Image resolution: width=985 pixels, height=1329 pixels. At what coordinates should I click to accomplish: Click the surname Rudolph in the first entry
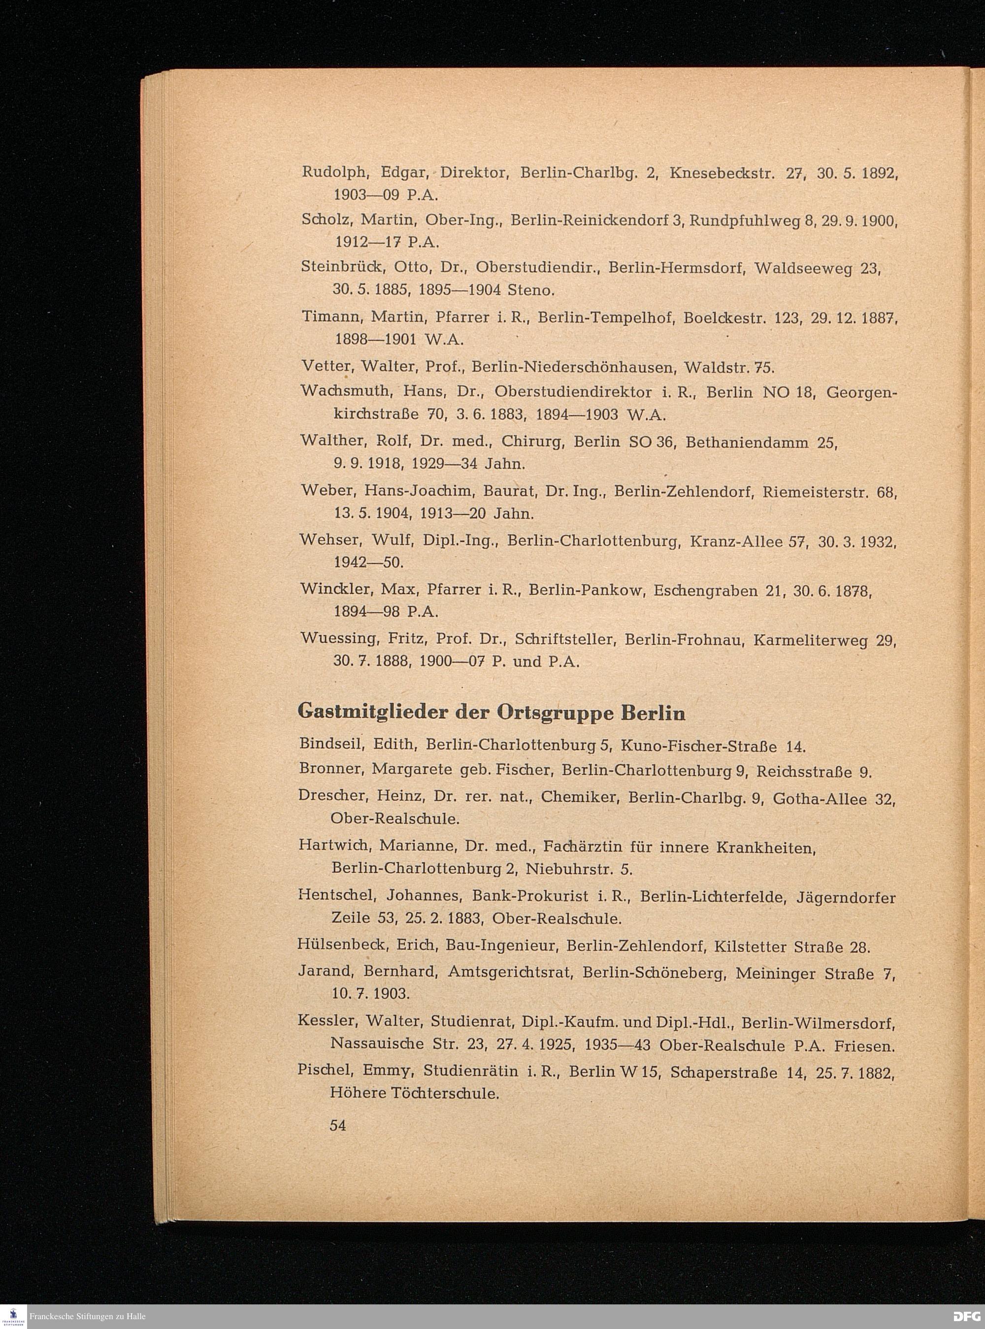click(333, 173)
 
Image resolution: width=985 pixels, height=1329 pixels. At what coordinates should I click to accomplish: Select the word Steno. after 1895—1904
click(531, 291)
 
